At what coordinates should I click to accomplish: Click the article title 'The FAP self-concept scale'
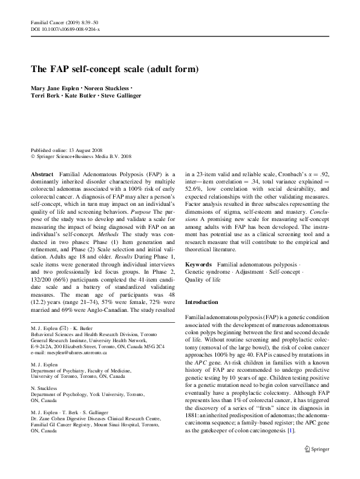click(114, 69)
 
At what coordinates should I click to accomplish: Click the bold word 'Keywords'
click(198, 265)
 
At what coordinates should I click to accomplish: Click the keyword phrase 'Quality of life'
click(203, 280)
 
